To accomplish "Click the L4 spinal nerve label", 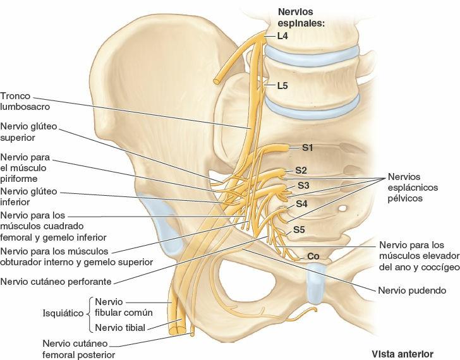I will point(282,37).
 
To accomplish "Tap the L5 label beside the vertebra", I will point(282,85).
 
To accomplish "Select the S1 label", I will point(308,148).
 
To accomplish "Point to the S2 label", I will point(301,170).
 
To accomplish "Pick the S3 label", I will point(304,186).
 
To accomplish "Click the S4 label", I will point(302,204).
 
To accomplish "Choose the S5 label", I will point(299,230).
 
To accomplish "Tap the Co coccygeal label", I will point(313,256).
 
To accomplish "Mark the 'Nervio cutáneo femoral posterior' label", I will point(74,349).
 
